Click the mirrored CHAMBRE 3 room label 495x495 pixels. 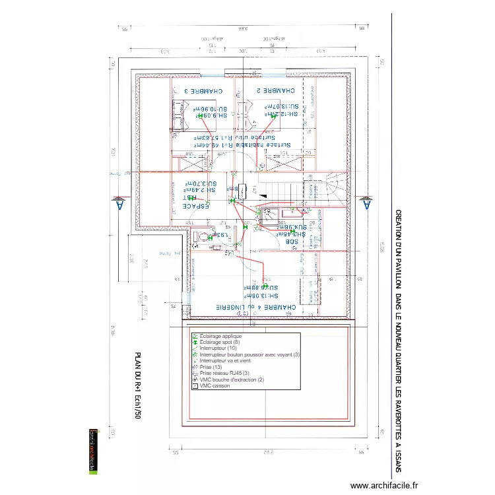pyautogui.click(x=203, y=91)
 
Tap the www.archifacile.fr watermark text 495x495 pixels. pyautogui.click(x=384, y=485)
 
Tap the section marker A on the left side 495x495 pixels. pyautogui.click(x=119, y=204)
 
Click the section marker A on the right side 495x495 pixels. pyautogui.click(x=366, y=204)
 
